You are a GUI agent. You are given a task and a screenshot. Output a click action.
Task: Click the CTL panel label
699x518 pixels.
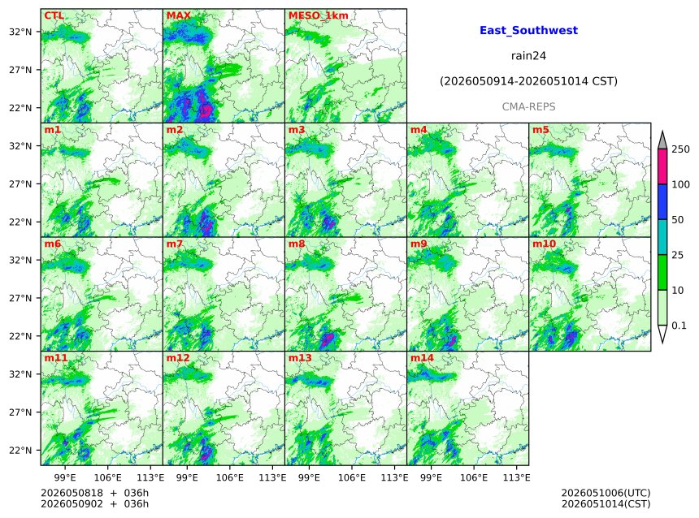(54, 15)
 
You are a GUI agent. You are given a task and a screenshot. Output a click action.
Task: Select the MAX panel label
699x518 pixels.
(178, 15)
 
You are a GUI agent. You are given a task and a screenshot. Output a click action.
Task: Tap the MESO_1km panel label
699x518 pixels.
(319, 15)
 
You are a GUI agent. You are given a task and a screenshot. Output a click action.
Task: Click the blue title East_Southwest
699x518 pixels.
(528, 30)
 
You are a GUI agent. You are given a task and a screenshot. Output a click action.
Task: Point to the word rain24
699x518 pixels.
(528, 56)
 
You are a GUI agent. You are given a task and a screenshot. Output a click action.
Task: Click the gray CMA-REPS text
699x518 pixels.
(528, 107)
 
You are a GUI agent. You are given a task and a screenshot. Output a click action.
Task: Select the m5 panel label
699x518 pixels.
(541, 130)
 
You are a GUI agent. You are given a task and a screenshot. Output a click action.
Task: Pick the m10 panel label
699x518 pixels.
(544, 244)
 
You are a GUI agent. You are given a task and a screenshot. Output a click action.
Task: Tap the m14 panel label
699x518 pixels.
(422, 358)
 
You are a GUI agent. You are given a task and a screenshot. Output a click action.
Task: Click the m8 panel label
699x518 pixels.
(297, 244)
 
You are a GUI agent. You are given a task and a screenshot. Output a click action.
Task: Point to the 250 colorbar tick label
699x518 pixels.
(681, 149)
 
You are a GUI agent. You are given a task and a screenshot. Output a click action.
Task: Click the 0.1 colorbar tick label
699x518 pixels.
(679, 326)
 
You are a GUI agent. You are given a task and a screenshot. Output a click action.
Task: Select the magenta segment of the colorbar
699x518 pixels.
(662, 166)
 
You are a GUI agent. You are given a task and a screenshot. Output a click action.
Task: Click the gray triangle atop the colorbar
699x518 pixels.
(662, 140)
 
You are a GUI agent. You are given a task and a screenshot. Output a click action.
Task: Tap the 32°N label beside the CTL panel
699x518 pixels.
(20, 32)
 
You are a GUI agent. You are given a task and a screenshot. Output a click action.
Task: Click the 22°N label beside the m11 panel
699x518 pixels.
(20, 451)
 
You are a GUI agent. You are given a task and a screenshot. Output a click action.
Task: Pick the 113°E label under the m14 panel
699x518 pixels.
(517, 477)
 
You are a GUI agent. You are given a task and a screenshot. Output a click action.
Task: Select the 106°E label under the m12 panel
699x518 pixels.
(230, 477)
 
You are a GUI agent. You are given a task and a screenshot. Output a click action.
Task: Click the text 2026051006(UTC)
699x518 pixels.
(606, 493)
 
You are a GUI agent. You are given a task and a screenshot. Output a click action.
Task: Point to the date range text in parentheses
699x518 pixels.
(528, 81)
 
